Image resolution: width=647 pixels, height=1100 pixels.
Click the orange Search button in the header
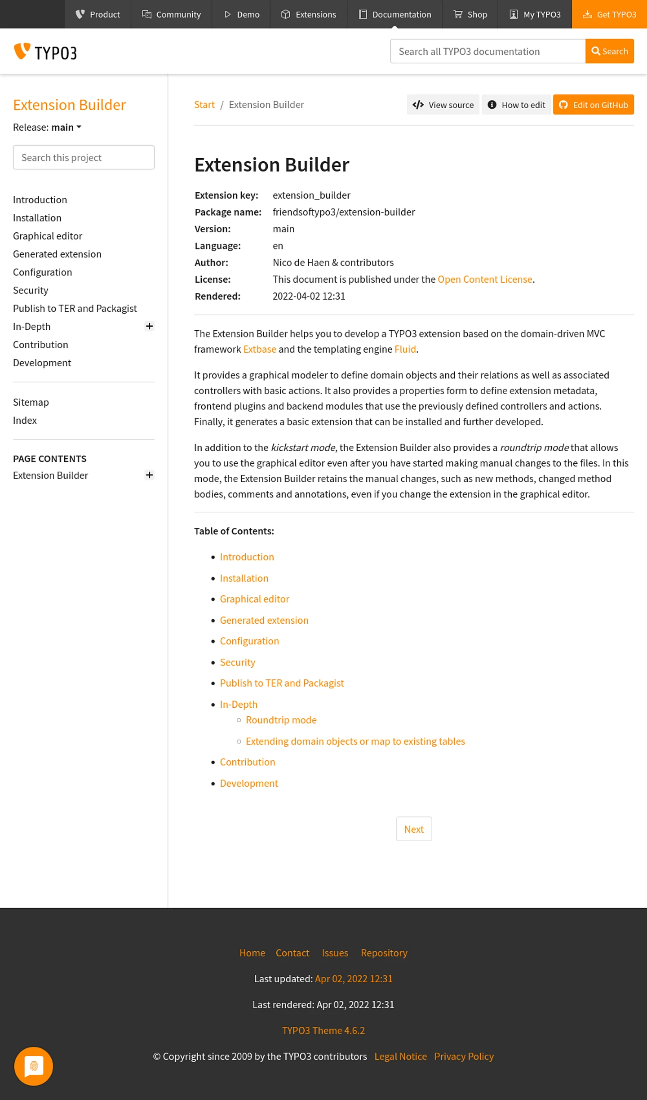609,51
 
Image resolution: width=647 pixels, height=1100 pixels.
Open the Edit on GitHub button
593,105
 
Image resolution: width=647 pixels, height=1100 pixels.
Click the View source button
443,105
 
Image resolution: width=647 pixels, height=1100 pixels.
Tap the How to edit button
516,105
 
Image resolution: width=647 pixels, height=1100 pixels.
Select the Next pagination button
413,829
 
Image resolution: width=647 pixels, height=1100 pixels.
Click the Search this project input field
84,157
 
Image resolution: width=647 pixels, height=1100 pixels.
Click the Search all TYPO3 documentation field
487,51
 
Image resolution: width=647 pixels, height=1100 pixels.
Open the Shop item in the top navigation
470,14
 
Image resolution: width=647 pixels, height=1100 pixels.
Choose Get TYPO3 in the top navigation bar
609,14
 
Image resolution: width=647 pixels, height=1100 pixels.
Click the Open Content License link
485,279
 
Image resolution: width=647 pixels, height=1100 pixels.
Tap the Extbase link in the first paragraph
260,349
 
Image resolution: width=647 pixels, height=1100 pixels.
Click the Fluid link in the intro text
405,349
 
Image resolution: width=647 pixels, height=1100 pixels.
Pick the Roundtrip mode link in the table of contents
281,720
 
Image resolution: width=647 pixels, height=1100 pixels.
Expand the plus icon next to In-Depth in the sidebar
149,326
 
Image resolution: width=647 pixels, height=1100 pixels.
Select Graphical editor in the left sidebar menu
48,236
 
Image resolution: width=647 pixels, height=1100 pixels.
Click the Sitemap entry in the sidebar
31,402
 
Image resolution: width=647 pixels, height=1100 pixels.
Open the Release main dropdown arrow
79,127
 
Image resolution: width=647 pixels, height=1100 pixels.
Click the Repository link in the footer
384,953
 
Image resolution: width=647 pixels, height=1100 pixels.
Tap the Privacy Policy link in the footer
464,1056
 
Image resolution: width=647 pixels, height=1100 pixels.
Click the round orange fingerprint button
34,1066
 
